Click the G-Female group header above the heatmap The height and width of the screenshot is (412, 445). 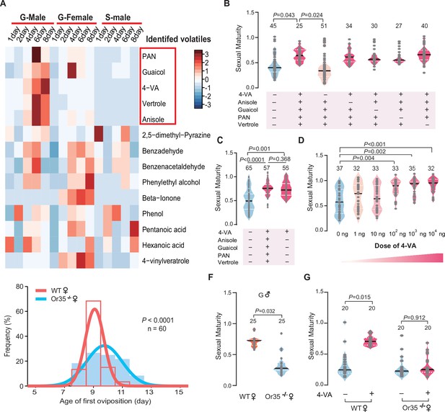(75, 17)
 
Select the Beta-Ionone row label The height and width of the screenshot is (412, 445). (162, 198)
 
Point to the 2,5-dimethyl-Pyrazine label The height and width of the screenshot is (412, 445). (176, 135)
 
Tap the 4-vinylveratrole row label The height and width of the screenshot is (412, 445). (166, 261)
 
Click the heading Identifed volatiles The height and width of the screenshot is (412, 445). (178, 39)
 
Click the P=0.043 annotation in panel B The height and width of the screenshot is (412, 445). (283, 15)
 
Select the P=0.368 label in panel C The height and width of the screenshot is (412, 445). (280, 159)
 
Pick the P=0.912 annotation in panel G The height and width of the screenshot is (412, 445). (415, 318)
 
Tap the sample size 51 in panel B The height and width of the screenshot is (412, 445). (324, 26)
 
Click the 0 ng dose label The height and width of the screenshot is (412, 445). (343, 234)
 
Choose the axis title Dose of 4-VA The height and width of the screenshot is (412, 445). (395, 246)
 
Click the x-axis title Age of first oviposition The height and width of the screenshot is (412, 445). (105, 401)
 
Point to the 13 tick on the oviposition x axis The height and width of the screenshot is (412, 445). (149, 393)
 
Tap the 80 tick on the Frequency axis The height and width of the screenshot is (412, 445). (20, 287)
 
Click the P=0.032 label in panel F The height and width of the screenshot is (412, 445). (265, 311)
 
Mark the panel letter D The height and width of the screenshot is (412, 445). (301, 140)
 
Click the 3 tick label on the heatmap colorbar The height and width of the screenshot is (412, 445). (207, 55)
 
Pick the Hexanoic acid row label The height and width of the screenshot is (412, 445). (163, 245)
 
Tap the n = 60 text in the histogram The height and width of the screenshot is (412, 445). (157, 328)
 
